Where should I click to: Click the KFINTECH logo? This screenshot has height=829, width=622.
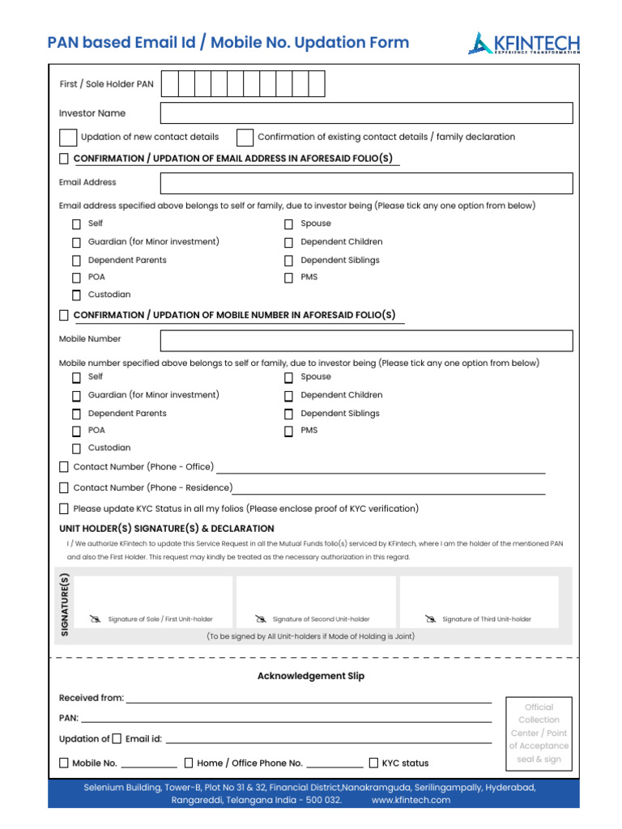coord(523,43)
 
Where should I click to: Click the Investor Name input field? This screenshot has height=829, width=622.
coord(366,113)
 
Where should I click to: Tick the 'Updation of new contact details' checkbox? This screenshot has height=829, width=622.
coord(69,138)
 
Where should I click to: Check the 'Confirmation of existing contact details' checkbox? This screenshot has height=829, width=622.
coord(245,138)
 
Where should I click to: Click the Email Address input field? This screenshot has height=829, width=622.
coord(366,183)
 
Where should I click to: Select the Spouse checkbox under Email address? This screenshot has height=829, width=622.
coord(288,224)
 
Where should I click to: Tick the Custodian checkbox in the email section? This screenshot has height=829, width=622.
coord(76,295)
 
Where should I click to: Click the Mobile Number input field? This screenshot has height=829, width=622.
coord(366,340)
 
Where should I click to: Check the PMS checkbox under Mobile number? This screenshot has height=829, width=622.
coord(288,432)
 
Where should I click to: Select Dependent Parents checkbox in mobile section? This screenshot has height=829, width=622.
coord(76,414)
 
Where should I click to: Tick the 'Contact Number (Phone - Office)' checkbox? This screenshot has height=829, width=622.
coord(64,467)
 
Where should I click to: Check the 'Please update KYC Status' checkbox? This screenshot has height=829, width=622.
coord(64,509)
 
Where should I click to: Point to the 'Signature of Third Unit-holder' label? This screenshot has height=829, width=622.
coord(486,619)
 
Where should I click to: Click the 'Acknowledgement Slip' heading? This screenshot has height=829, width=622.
coord(311,676)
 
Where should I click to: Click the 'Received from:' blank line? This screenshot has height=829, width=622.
coord(308,698)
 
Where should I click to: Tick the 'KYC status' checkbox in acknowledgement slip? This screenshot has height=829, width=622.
coord(373,763)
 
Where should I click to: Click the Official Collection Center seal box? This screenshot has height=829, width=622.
coord(539,733)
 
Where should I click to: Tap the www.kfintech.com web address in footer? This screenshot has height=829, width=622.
coord(411,800)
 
